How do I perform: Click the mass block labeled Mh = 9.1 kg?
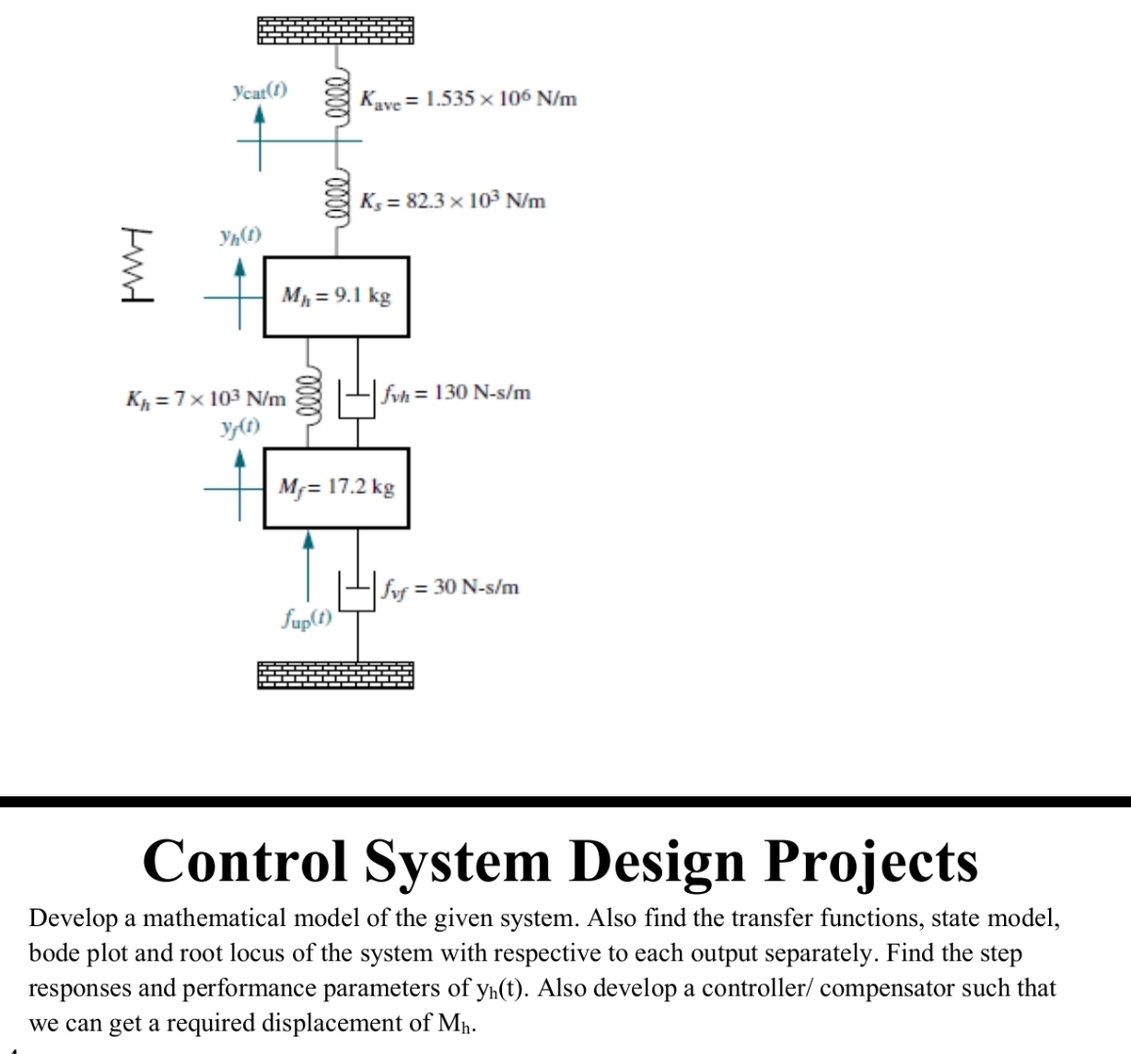[336, 297]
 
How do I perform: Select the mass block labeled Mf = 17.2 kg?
[336, 487]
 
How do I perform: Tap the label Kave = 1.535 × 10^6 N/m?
[468, 99]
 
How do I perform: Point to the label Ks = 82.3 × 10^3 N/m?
[452, 202]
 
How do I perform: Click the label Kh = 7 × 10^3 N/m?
[206, 399]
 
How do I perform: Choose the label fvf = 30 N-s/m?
[450, 588]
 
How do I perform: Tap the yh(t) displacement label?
[239, 235]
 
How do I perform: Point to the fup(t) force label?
[307, 618]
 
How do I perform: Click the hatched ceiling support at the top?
[335, 30]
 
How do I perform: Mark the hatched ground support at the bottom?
[335, 674]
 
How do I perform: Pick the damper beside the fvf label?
[357, 588]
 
